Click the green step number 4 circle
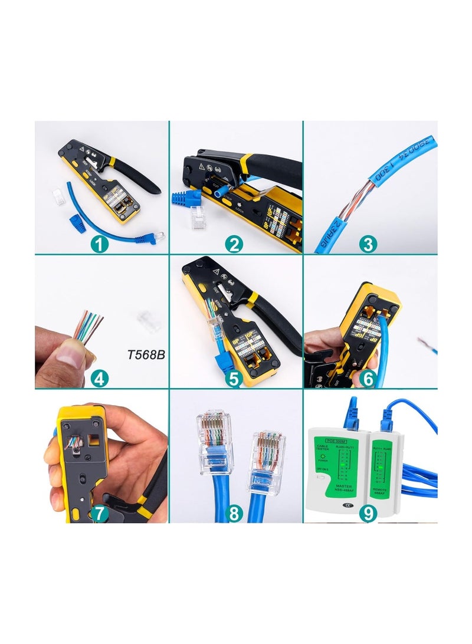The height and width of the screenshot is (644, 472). pyautogui.click(x=100, y=378)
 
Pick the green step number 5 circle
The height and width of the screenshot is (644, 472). pyautogui.click(x=234, y=378)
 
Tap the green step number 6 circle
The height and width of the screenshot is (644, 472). pyautogui.click(x=368, y=378)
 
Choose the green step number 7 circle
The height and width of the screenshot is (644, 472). pyautogui.click(x=100, y=513)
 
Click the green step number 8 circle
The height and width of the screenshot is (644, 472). pyautogui.click(x=234, y=513)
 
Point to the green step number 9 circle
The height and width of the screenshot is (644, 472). pyautogui.click(x=368, y=513)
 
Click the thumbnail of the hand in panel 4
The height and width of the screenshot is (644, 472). pyautogui.click(x=76, y=356)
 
